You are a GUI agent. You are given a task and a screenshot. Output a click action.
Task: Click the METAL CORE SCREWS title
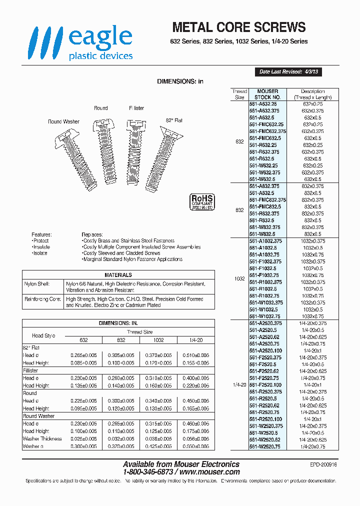tap(238, 27)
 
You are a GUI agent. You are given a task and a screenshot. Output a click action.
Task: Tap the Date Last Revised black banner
tap(287, 72)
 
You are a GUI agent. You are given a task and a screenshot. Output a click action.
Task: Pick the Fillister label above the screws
tap(136, 108)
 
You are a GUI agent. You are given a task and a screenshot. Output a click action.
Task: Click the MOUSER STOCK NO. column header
tap(267, 94)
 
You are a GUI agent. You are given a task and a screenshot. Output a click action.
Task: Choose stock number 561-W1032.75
tap(266, 316)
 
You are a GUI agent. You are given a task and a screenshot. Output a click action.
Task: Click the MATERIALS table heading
tap(118, 275)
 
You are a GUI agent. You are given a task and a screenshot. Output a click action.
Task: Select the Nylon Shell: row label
tap(37, 284)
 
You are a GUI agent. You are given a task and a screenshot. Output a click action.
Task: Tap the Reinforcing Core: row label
tap(42, 299)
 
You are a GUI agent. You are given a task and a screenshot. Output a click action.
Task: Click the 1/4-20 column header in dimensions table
tap(196, 340)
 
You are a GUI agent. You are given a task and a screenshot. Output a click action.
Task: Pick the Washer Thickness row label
tap(42, 438)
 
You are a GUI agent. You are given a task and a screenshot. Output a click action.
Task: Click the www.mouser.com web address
tap(209, 471)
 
